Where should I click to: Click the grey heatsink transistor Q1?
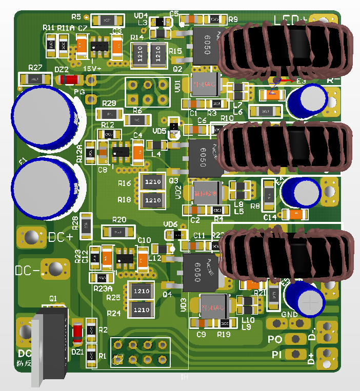tap(50, 343)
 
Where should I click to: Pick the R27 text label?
tap(35, 68)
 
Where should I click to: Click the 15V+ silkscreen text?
tap(92, 68)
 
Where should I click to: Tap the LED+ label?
tap(290, 20)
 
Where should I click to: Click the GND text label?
tap(290, 314)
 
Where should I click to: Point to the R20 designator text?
tap(119, 220)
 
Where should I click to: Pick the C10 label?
tap(144, 240)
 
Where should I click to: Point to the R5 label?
tap(76, 16)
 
